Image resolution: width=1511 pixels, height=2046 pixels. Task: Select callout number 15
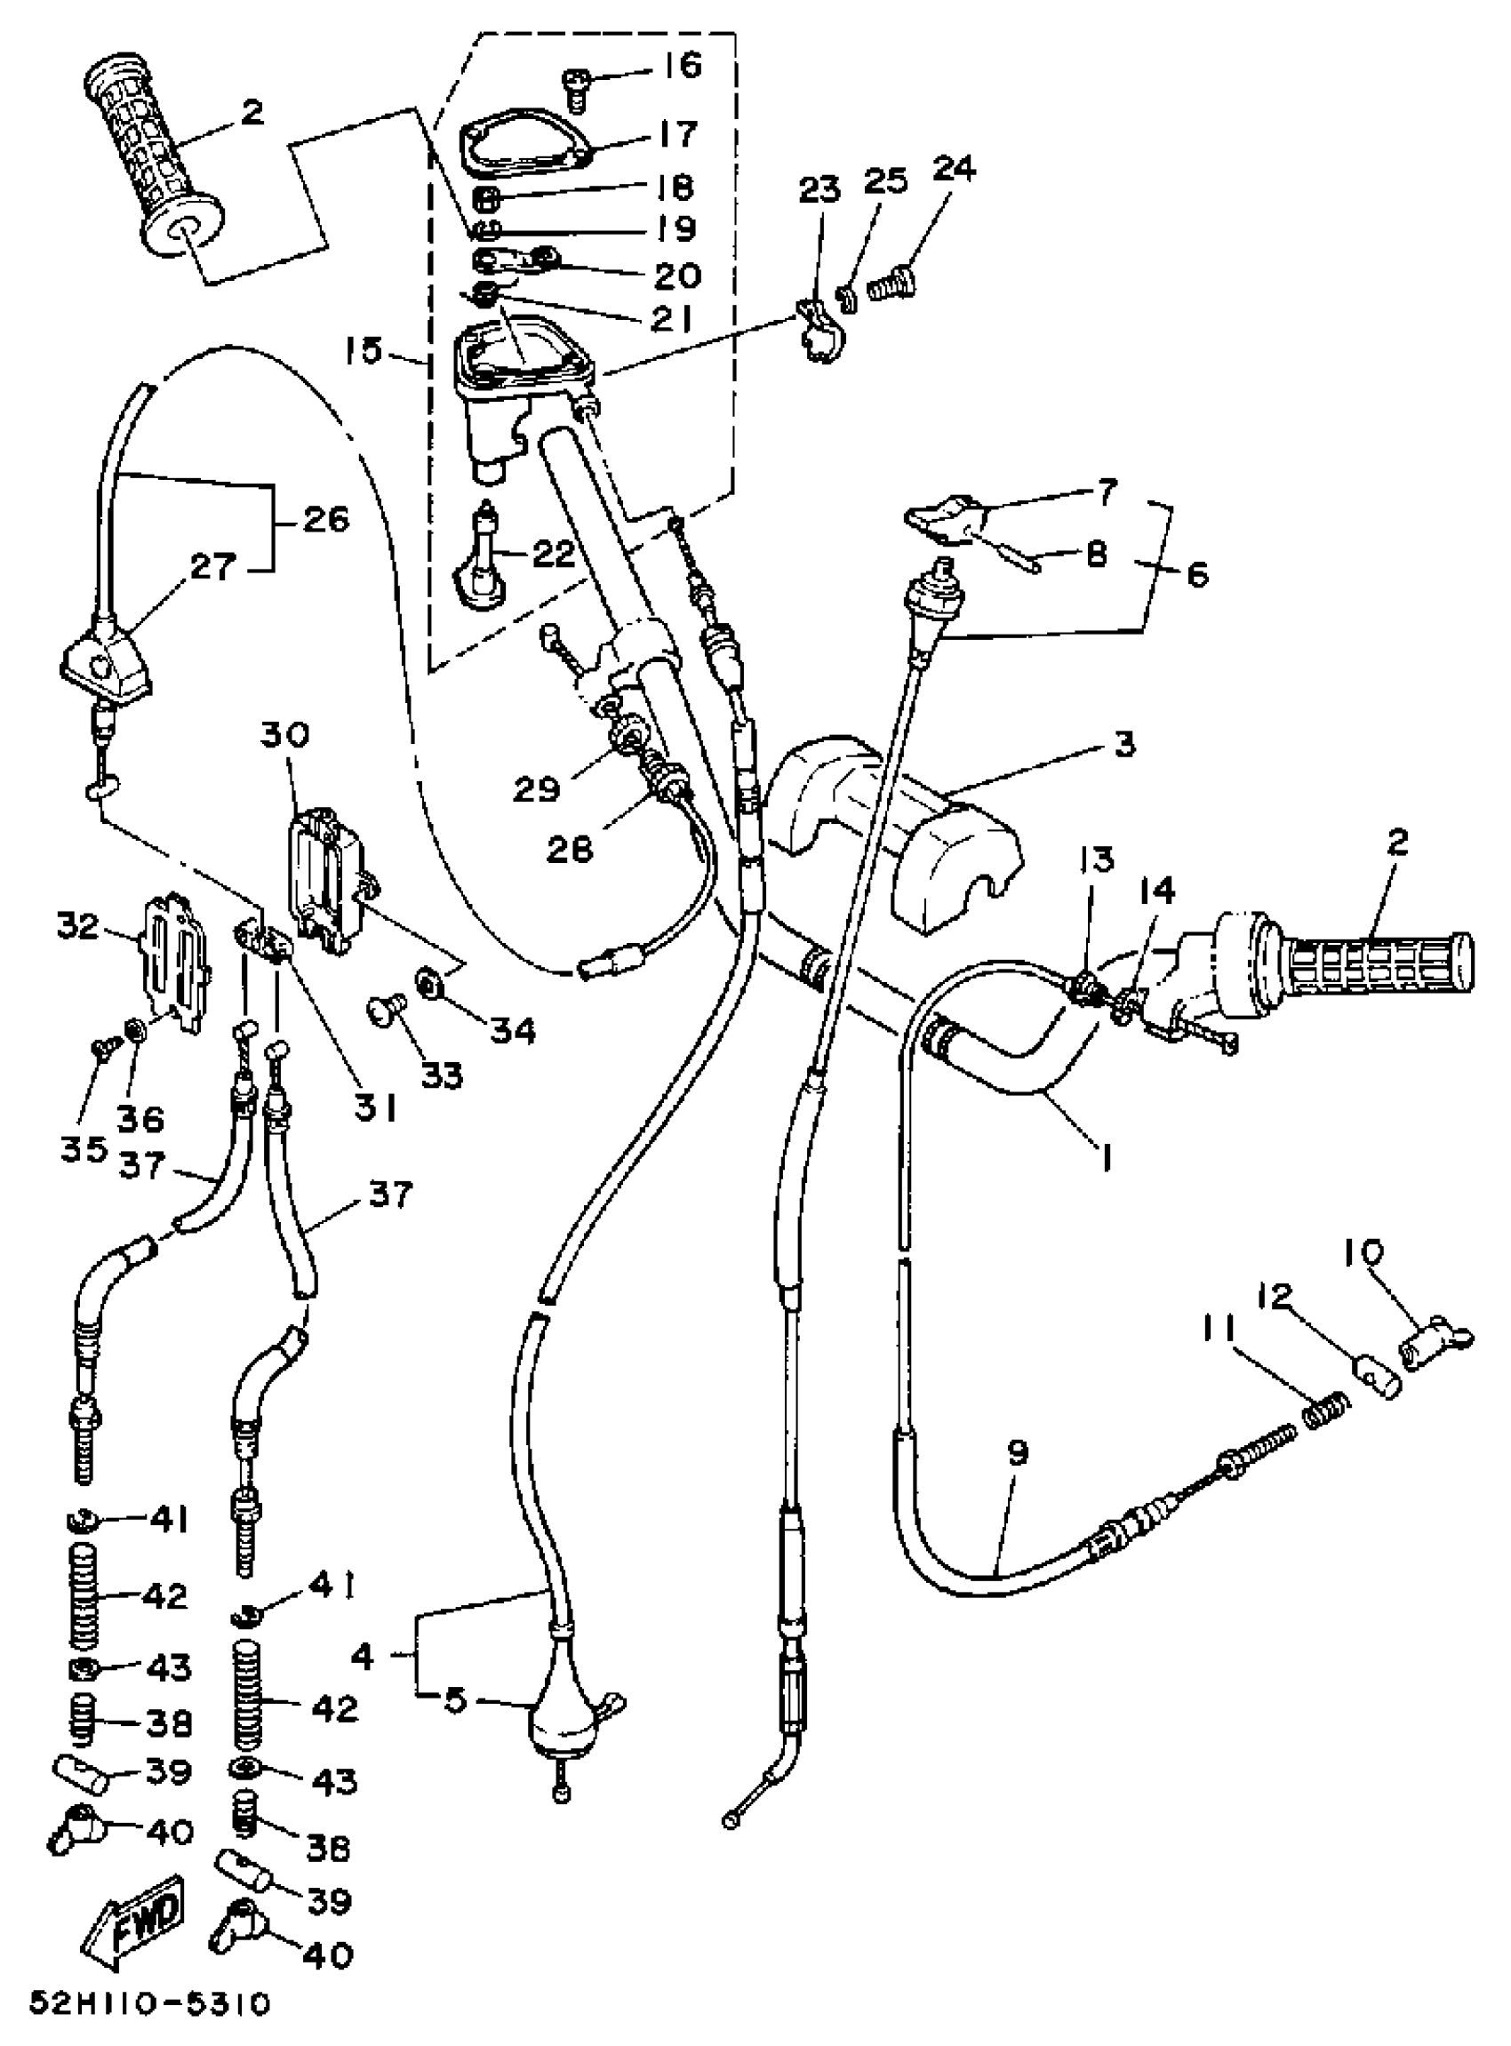(364, 350)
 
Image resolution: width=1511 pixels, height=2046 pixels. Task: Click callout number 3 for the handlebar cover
(1124, 744)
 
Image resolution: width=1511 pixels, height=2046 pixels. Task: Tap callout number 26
(325, 520)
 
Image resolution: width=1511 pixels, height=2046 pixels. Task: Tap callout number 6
(1195, 574)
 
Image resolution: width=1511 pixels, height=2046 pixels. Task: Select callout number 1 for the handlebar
(1107, 1161)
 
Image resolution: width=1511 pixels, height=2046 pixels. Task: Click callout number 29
(536, 788)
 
